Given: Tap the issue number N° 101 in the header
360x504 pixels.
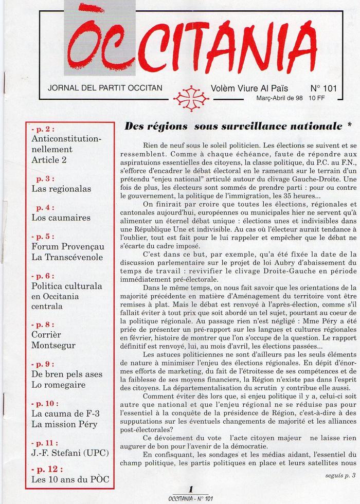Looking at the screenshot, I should pos(322,88).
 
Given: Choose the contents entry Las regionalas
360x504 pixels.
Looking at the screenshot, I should pos(61,189).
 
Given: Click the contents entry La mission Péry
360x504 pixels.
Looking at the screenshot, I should pos(64,424).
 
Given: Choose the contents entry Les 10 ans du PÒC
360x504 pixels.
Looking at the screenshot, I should pos(70,480).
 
